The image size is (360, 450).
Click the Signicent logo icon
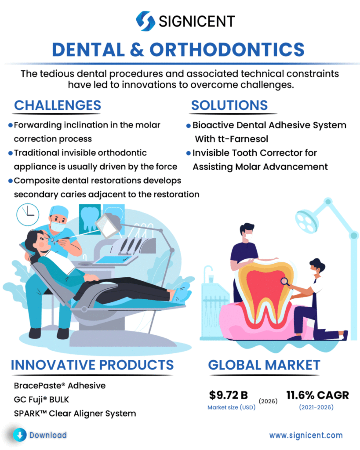pos(145,21)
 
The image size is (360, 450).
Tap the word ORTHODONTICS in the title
pos(227,50)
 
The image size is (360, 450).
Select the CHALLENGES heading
pos(58,105)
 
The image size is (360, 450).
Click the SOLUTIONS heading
pos(229,105)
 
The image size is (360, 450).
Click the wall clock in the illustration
pos(28,214)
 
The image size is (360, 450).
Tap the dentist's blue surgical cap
pos(59,211)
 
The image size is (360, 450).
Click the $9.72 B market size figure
pos(228,395)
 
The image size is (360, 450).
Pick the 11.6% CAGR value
pos(317,395)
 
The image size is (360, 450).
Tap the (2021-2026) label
pos(316,407)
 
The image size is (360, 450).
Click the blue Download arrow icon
pos(20,435)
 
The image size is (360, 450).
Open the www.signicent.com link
pos(306,435)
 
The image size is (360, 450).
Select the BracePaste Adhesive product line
pos(60,385)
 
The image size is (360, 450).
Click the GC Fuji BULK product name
pos(42,399)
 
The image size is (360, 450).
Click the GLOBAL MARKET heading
pos(264,365)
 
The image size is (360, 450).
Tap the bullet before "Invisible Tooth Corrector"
pos(189,153)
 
